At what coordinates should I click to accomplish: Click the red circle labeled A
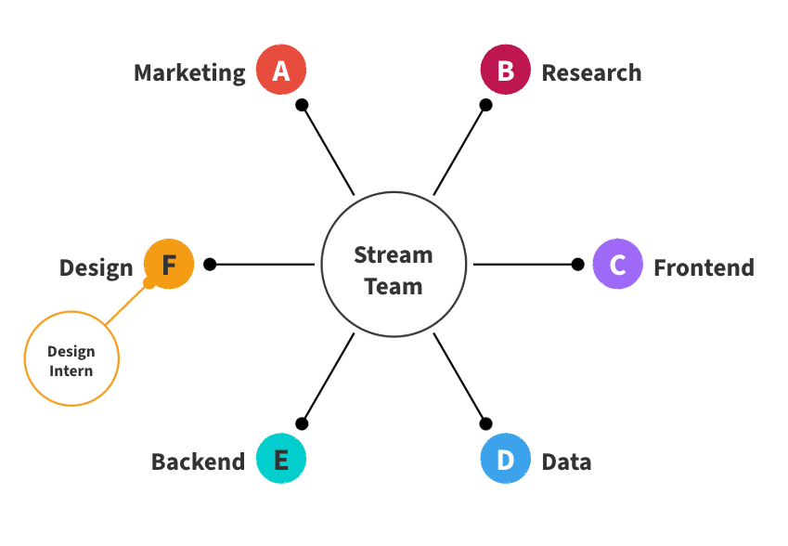(x=281, y=71)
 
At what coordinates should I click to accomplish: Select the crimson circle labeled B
(x=506, y=71)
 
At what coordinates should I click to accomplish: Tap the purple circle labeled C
(x=618, y=265)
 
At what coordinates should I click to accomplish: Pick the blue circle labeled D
(x=506, y=459)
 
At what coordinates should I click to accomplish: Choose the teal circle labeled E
(x=281, y=459)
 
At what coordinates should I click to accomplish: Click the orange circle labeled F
(x=169, y=265)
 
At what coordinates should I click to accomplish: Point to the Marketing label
(x=189, y=72)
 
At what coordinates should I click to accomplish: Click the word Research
(x=591, y=72)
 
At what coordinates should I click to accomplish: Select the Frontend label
(x=704, y=267)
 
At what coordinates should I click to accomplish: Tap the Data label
(x=566, y=461)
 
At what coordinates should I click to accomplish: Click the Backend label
(x=198, y=461)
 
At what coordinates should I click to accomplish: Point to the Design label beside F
(x=96, y=268)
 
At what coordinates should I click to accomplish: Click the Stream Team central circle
(x=394, y=265)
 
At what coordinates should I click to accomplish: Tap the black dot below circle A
(x=302, y=105)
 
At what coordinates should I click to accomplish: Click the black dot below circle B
(x=485, y=105)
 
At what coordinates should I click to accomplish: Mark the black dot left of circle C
(x=577, y=265)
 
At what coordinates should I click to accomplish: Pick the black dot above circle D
(x=485, y=424)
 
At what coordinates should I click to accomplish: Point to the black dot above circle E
(x=302, y=424)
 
